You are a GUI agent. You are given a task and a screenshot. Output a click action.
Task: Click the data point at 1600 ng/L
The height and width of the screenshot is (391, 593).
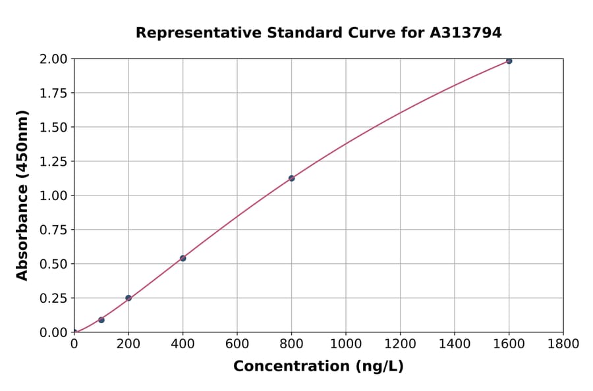pos(509,61)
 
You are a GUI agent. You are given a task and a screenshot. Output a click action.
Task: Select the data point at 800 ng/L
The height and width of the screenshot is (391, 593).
pos(291,178)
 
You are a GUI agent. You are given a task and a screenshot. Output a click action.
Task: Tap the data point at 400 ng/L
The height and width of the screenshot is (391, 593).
pos(183,258)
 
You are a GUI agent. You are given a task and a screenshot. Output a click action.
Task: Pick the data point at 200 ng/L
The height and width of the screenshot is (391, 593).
pos(128,298)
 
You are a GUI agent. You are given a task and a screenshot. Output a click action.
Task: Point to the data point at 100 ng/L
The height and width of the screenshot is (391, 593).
pos(101,320)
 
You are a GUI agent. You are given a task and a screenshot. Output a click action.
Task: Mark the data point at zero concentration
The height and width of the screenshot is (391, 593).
pos(74,332)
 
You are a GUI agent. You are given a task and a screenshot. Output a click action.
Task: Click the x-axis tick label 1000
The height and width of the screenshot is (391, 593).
pos(345,344)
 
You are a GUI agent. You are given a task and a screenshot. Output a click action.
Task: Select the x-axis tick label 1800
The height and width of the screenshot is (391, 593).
pos(563,344)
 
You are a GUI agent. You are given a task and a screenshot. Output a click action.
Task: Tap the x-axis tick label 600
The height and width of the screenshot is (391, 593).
pos(237,344)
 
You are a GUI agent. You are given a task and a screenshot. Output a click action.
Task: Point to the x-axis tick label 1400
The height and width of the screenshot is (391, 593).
pos(454,344)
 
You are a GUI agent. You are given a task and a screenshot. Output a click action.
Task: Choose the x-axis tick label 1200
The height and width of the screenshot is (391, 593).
pos(400,344)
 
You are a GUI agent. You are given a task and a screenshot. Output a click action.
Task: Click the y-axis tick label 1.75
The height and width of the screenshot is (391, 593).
pos(53,93)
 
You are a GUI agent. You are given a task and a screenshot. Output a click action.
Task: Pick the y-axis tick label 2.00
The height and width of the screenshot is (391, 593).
pos(53,59)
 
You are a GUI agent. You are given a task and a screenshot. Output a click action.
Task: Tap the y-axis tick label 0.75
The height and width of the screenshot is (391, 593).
pos(53,230)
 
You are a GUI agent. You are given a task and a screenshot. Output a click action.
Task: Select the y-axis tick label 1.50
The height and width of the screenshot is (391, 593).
pos(53,127)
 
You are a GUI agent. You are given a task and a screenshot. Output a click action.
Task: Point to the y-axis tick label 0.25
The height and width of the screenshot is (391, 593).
pos(53,298)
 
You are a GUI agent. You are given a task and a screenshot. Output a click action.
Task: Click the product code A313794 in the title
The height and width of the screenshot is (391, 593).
pos(466,33)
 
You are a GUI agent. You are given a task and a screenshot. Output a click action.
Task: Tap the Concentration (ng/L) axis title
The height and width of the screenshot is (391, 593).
pos(318,367)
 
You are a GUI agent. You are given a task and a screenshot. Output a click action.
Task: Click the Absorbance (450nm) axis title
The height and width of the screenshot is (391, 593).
pos(22,195)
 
